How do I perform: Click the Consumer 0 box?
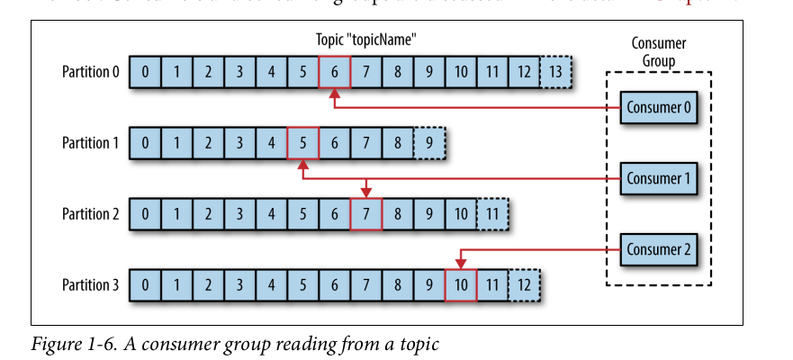click(x=657, y=108)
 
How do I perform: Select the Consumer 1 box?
click(x=657, y=178)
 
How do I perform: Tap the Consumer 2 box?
click(x=657, y=248)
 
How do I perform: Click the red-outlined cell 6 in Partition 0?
click(x=335, y=72)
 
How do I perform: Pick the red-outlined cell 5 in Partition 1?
click(x=303, y=142)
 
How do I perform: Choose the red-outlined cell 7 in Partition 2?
click(x=366, y=213)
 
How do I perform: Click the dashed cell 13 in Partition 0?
click(x=555, y=72)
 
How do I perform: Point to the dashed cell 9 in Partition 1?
click(x=429, y=142)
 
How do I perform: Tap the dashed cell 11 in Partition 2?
click(x=492, y=213)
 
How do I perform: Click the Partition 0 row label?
click(x=90, y=72)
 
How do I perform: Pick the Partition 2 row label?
click(x=90, y=213)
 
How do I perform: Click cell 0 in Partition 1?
click(x=146, y=142)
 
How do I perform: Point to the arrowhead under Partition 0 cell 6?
click(x=335, y=93)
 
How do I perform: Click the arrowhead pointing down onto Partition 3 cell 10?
click(x=461, y=264)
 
